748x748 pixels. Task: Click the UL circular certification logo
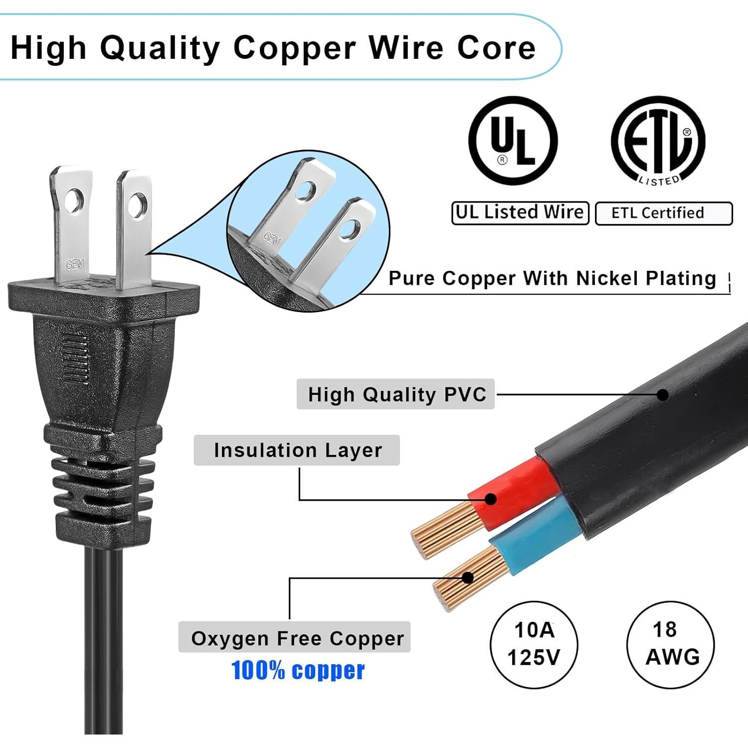tap(513, 140)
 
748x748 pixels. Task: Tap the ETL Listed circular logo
tap(658, 140)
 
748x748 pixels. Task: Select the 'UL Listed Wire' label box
tap(520, 213)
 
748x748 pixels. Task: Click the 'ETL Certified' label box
tap(663, 213)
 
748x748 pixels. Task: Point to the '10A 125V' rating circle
tap(534, 644)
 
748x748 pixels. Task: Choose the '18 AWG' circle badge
tap(671, 644)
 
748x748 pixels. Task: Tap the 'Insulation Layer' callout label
tap(297, 450)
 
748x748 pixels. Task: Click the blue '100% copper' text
tap(298, 671)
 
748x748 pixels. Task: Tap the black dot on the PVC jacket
tap(663, 395)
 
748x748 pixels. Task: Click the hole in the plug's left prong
tap(73, 199)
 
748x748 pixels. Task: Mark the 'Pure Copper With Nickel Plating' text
tap(552, 278)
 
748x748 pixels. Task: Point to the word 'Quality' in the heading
tap(160, 48)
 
